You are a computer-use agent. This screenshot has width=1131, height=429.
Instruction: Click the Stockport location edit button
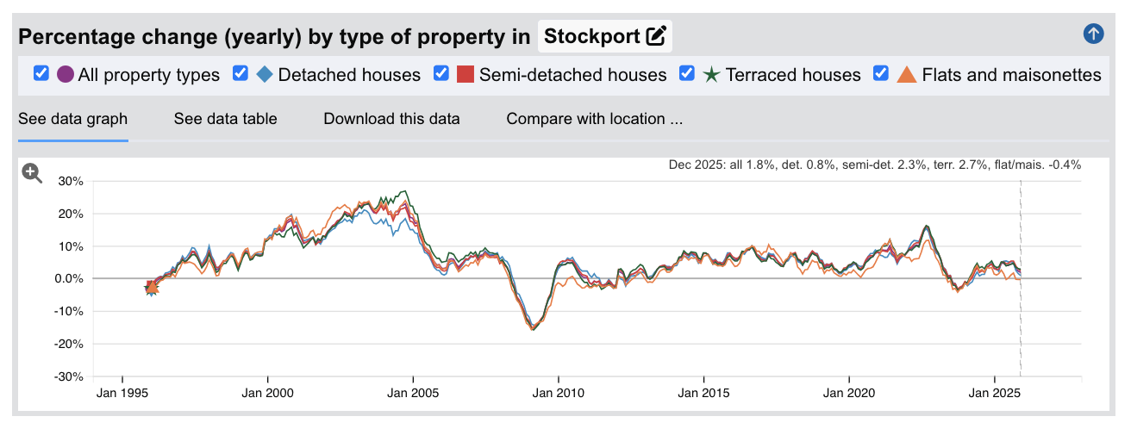[x=656, y=36]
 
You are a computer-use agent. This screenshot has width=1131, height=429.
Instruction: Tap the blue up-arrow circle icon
[x=1093, y=34]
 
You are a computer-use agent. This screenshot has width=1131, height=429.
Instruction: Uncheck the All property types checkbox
[x=41, y=74]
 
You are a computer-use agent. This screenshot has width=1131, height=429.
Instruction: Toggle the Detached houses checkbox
[x=241, y=74]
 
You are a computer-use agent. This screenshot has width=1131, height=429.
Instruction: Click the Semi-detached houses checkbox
[x=441, y=74]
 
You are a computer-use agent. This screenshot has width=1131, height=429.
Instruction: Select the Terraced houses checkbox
[x=687, y=74]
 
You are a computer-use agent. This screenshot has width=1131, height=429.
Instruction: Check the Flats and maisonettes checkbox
[x=881, y=74]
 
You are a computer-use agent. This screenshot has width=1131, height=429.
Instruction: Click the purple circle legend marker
[x=65, y=75]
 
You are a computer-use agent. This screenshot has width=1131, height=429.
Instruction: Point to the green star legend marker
[x=711, y=75]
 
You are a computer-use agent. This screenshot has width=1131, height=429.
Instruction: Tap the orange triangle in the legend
[x=907, y=75]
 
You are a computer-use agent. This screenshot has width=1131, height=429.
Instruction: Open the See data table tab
[x=225, y=119]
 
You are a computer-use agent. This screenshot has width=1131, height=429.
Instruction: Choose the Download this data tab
[x=391, y=119]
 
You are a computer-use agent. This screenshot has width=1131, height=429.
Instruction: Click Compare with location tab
[x=594, y=119]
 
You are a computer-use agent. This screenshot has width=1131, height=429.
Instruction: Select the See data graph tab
[x=72, y=119]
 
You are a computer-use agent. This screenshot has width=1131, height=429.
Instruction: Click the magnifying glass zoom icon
[x=32, y=173]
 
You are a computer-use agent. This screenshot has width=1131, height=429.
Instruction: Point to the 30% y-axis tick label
[x=72, y=182]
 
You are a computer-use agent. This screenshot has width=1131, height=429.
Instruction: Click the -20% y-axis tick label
[x=69, y=345]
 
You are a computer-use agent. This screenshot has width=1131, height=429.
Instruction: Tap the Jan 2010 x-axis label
[x=558, y=394]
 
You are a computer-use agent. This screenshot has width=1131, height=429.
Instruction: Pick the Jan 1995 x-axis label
[x=122, y=394]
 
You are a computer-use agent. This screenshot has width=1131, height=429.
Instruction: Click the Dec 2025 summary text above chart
[x=874, y=165]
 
